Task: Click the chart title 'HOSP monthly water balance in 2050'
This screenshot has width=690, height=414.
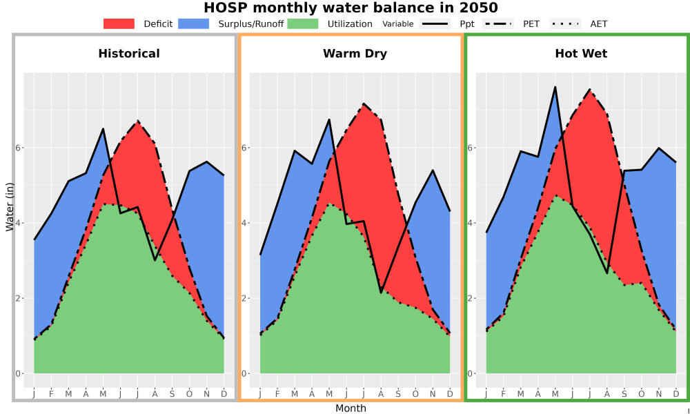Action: point(351,8)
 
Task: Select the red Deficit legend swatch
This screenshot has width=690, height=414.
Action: point(119,23)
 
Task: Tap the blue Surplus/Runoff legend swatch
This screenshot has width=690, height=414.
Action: point(194,23)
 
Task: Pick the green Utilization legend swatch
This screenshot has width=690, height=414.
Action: point(303,23)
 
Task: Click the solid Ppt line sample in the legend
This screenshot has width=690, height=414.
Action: point(434,23)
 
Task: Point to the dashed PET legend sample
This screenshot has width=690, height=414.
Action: point(497,23)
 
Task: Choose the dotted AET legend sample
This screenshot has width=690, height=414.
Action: point(565,23)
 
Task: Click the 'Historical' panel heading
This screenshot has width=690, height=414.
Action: point(129,54)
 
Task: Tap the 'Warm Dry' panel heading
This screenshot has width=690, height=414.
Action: point(355,54)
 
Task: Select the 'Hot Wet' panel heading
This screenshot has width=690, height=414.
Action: point(581,54)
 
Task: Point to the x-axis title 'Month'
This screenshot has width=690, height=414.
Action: point(351,408)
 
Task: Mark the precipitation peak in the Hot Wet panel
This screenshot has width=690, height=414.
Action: point(555,87)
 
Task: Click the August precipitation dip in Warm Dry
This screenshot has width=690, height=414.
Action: point(381,293)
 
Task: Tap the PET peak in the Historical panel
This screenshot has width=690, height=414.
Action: point(138,121)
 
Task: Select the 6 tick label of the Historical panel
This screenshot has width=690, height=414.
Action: point(19,148)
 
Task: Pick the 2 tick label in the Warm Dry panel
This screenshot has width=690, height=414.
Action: point(245,298)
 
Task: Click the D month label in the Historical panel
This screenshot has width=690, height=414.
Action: point(224,394)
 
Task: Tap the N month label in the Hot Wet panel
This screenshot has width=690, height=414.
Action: point(659,394)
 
